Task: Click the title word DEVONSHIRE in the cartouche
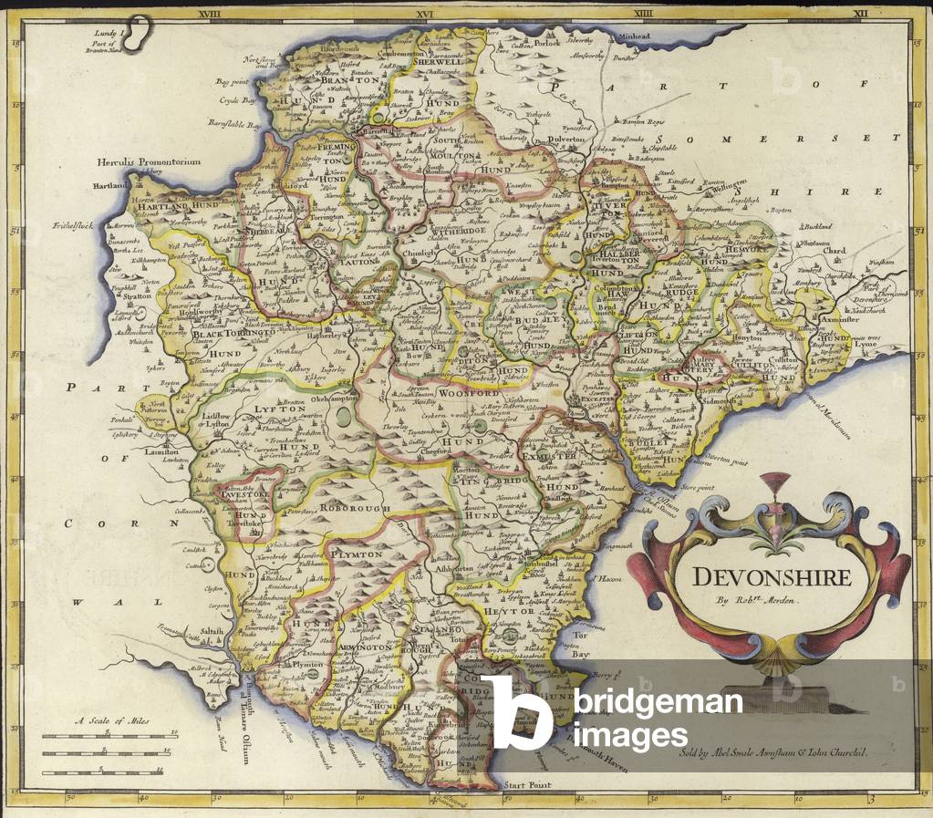point(772,577)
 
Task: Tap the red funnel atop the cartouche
point(777,481)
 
